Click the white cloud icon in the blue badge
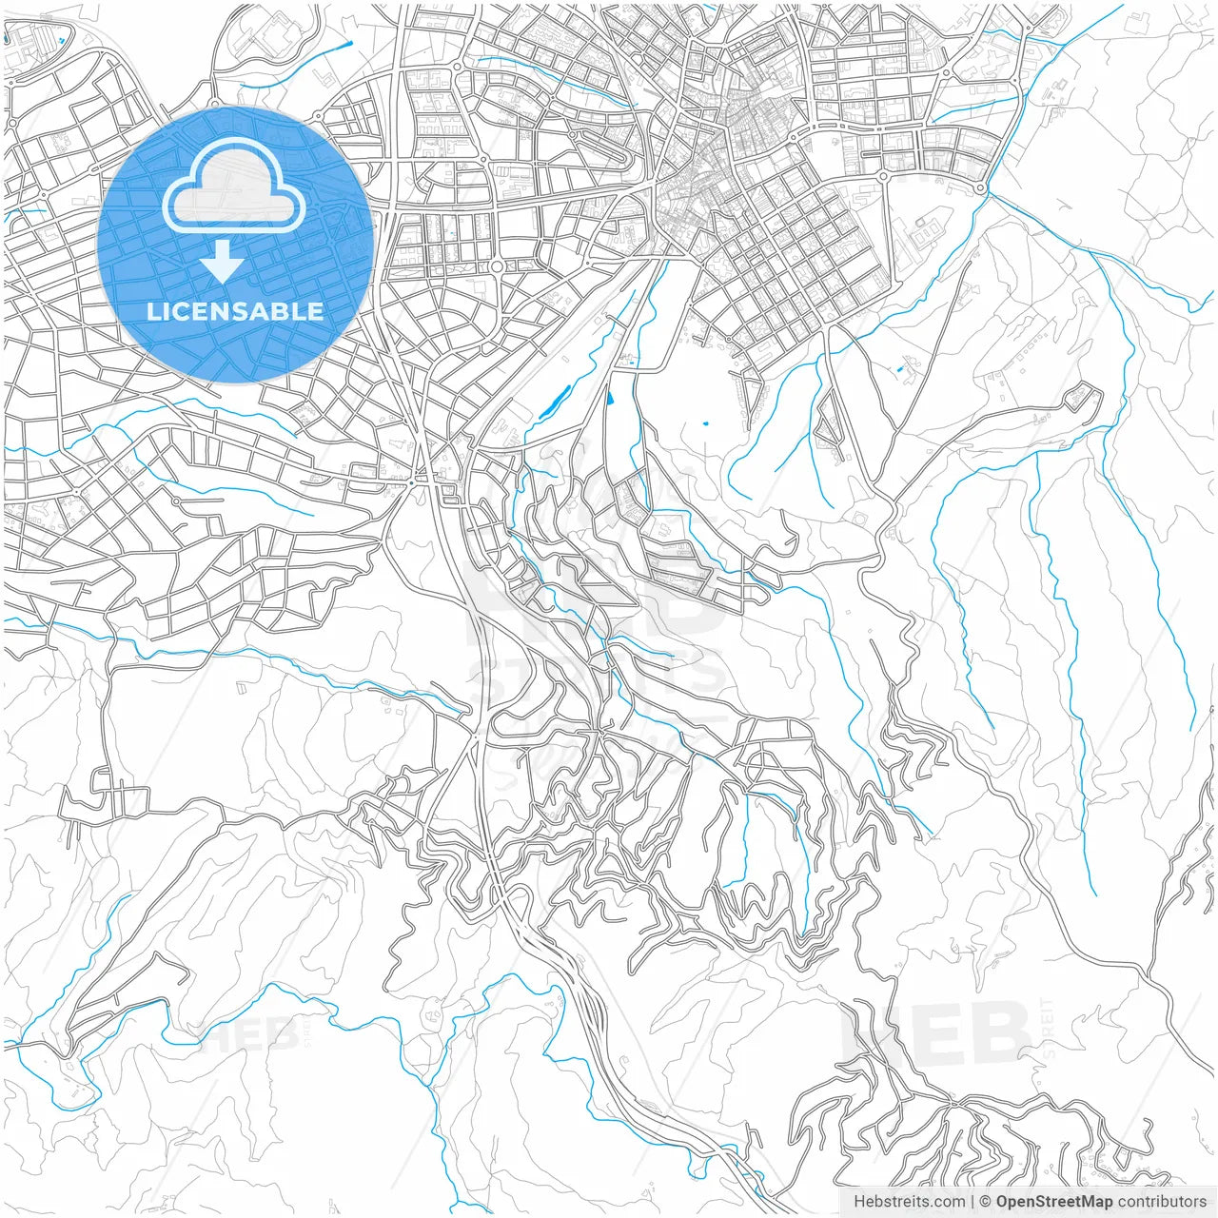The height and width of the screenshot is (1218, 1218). (234, 186)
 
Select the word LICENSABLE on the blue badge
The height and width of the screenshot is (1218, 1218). (235, 311)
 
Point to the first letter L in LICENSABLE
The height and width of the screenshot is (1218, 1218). (153, 311)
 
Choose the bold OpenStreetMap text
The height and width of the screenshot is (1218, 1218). (1054, 1202)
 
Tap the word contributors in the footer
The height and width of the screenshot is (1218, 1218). (1162, 1202)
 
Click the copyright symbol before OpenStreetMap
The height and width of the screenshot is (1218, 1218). (986, 1202)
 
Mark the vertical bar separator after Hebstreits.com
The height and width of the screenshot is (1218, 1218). (972, 1202)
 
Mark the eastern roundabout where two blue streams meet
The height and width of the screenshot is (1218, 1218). (980, 188)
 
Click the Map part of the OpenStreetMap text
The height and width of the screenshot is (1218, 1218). (1095, 1202)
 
